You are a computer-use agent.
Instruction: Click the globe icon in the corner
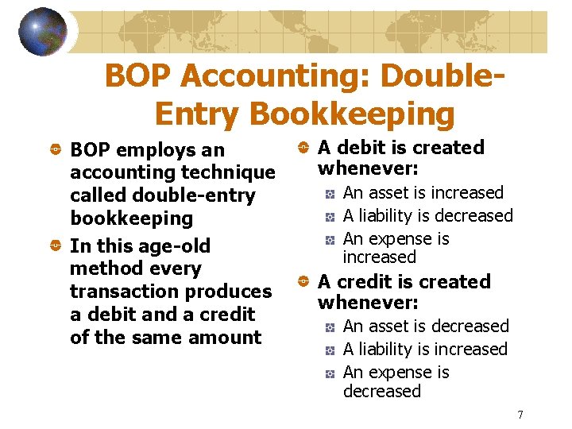point(42,31)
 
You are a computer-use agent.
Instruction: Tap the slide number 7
point(520,414)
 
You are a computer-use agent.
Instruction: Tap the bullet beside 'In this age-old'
point(57,246)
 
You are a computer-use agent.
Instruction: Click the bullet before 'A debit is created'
point(304,148)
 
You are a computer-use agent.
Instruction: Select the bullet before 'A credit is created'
point(304,282)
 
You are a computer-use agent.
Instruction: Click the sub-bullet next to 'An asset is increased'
point(330,193)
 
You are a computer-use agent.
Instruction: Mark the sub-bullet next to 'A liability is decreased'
point(330,216)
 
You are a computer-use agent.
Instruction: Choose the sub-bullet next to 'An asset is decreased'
point(330,327)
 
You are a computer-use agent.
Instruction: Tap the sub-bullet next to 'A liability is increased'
point(330,350)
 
